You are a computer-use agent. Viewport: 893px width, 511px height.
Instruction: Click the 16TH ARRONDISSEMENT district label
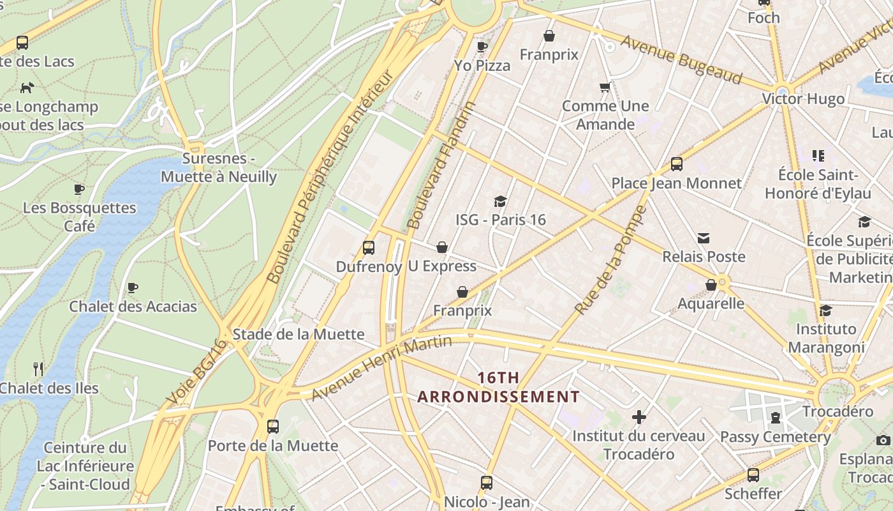click(498, 387)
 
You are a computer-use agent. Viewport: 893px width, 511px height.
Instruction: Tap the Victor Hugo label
click(803, 99)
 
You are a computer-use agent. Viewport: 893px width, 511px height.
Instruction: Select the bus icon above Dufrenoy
click(368, 248)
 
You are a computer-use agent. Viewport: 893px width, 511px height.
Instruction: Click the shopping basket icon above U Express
click(442, 247)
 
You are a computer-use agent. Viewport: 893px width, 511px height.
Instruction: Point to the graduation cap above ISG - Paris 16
click(500, 202)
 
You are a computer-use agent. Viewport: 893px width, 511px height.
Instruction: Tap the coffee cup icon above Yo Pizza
click(482, 47)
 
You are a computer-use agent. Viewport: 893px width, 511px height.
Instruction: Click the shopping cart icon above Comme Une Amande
click(605, 87)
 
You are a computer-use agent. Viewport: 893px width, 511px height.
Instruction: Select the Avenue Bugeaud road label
click(681, 59)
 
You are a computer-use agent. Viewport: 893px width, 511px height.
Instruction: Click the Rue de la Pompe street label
click(610, 260)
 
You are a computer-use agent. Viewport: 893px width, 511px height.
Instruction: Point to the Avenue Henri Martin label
click(381, 368)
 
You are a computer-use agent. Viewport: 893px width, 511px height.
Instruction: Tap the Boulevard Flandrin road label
click(442, 165)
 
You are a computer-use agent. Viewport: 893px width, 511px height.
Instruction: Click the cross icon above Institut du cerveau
click(638, 418)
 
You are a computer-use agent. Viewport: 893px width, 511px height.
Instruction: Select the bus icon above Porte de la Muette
click(273, 426)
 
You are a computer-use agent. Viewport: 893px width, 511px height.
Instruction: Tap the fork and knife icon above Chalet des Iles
click(38, 369)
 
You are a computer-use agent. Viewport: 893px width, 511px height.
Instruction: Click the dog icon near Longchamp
click(27, 88)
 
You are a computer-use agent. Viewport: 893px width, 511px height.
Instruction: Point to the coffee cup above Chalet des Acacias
click(133, 288)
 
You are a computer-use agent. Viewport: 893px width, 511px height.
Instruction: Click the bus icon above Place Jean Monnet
click(677, 164)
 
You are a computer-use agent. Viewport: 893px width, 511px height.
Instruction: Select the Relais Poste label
click(704, 257)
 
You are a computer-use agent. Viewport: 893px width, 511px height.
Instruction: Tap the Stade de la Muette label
click(299, 334)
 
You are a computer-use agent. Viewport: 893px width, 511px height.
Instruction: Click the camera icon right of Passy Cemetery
click(883, 440)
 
